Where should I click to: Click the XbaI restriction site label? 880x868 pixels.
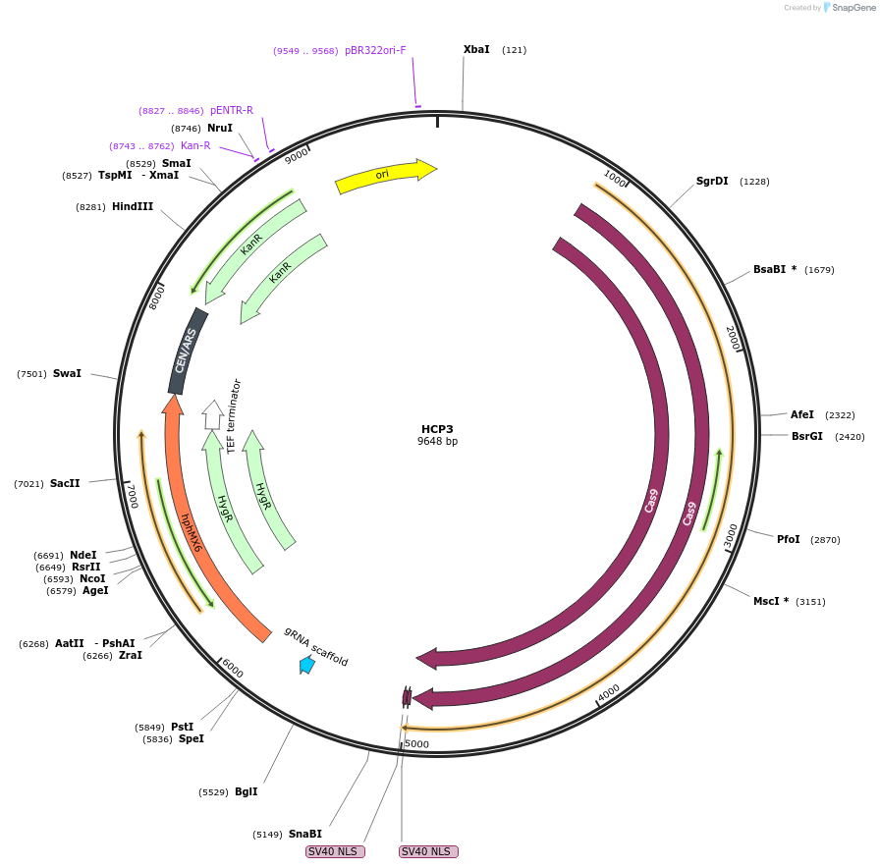click(476, 49)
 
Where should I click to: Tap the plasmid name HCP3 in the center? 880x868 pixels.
click(437, 429)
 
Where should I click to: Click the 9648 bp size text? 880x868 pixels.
click(437, 442)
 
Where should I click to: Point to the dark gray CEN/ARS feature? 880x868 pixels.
click(187, 351)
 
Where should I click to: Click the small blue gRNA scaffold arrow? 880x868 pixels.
click(307, 665)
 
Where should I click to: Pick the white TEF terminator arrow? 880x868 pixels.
click(212, 413)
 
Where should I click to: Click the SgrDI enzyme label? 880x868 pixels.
click(712, 181)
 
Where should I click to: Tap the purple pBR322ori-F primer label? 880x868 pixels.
click(375, 50)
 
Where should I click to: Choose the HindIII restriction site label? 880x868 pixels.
click(133, 206)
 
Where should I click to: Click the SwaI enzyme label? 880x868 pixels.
click(67, 373)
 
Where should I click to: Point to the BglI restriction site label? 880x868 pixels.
click(246, 791)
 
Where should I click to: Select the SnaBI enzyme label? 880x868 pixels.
click(304, 834)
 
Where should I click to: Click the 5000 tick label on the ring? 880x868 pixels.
click(417, 744)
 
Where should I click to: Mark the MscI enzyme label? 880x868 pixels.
click(771, 601)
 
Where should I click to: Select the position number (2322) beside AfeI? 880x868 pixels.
click(840, 415)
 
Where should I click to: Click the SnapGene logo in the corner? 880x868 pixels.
click(849, 8)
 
